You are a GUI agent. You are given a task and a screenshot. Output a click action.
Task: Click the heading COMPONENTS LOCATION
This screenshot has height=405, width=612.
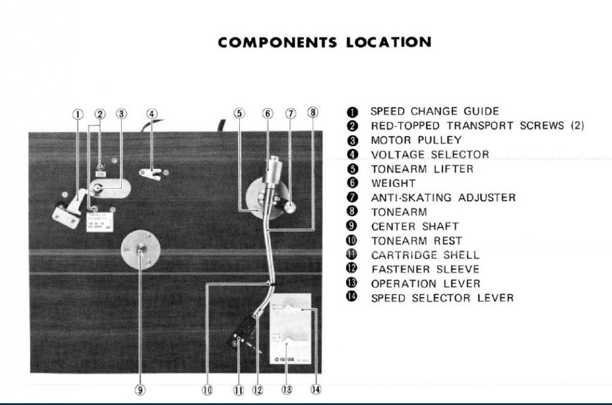pos(325,43)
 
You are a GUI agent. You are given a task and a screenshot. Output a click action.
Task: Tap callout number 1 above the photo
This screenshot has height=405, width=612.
pos(78,114)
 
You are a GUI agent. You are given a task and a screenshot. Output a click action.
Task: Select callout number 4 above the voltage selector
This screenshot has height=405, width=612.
pos(151,114)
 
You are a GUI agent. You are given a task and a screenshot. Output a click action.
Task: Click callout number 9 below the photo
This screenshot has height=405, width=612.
pos(140,389)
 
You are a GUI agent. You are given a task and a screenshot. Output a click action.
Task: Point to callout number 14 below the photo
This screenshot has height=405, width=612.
pos(315,389)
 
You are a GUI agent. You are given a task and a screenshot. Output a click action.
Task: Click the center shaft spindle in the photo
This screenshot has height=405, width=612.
pos(140,249)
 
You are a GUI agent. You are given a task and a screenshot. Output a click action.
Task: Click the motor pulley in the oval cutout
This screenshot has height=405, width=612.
pos(99,187)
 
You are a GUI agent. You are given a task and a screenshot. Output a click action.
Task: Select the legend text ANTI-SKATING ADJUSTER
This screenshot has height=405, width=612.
pos(443,197)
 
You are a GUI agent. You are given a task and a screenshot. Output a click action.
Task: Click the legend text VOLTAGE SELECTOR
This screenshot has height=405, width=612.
pos(429,154)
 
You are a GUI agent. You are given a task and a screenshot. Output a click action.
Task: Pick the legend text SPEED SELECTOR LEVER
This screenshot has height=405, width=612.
pos(442,298)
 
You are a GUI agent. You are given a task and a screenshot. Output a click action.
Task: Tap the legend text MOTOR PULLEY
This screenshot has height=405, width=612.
pos(416,140)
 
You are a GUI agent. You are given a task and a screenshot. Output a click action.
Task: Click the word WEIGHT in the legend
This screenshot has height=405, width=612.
pos(393,183)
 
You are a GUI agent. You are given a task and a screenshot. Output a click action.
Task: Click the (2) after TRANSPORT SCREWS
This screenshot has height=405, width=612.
pos(577,125)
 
